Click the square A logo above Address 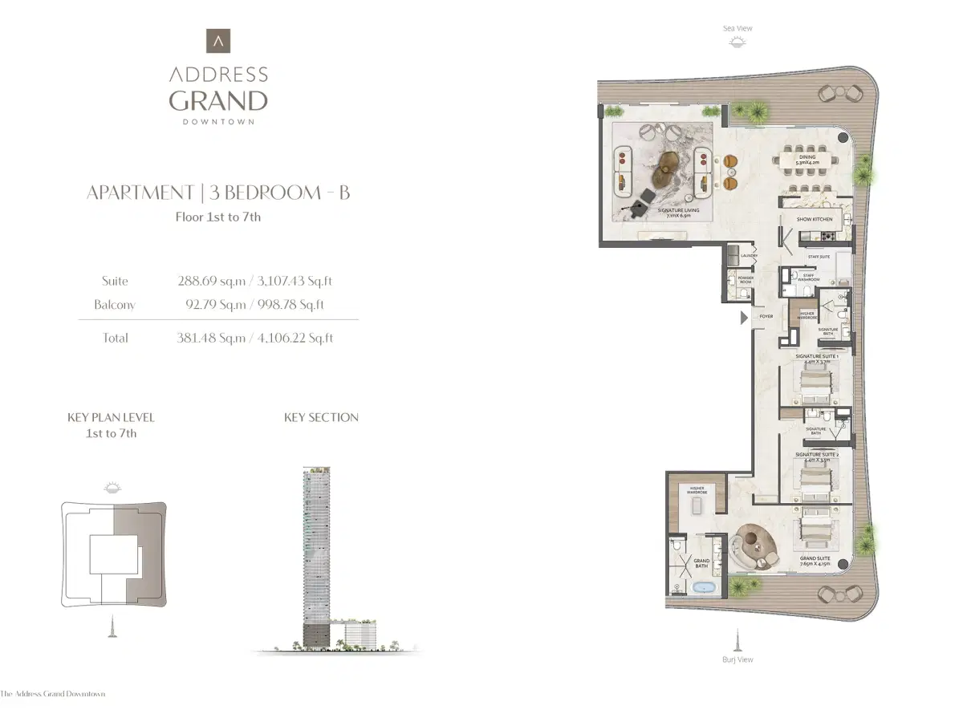tap(218, 42)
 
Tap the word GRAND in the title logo tap(218, 101)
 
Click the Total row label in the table tap(115, 339)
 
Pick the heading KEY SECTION tap(321, 417)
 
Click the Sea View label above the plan tap(737, 29)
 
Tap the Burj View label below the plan tap(737, 659)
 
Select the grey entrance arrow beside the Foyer tap(743, 318)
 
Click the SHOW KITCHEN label tap(815, 219)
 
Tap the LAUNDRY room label tap(750, 256)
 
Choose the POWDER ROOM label tap(745, 280)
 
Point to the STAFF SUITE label tap(819, 257)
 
